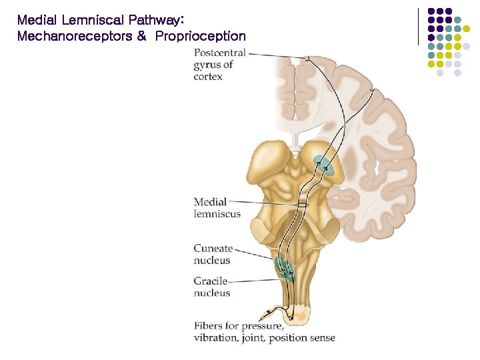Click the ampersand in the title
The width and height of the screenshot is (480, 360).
click(x=141, y=37)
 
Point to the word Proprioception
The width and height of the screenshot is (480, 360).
click(x=201, y=37)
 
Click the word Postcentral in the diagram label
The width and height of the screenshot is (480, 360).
click(x=219, y=53)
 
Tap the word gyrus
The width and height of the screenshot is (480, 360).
click(x=207, y=65)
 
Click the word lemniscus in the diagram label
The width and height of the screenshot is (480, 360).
click(x=217, y=214)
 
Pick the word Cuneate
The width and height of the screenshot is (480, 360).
click(x=213, y=249)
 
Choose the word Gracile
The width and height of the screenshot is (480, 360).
click(x=211, y=281)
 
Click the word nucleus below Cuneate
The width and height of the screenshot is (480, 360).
click(x=212, y=261)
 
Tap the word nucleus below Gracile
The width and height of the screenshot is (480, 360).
click(x=212, y=293)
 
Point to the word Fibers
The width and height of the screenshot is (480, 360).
click(x=208, y=326)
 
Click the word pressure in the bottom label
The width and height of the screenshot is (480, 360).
click(x=263, y=327)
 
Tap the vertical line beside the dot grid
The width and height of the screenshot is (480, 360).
click(x=418, y=27)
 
